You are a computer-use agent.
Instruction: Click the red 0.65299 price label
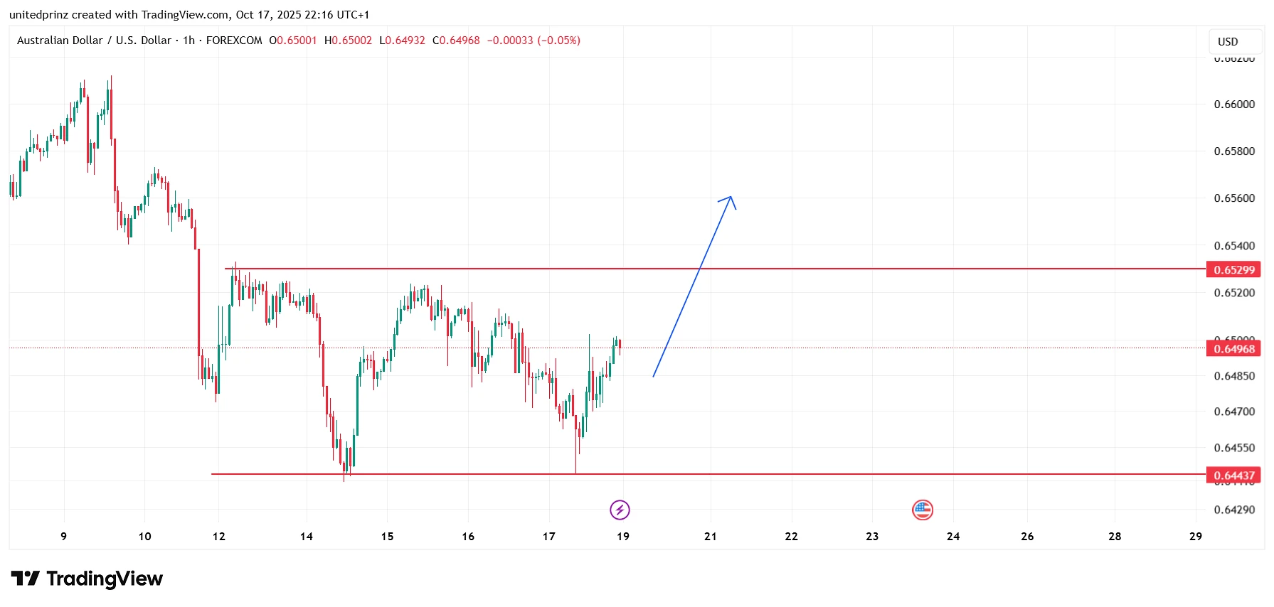coord(1233,270)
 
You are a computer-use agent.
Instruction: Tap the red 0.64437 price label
coord(1233,476)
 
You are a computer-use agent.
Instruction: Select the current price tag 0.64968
coord(1233,349)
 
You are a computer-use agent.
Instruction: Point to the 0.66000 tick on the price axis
coord(1234,104)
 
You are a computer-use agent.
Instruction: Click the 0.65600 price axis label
coord(1234,198)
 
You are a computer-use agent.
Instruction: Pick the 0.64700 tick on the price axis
coord(1234,412)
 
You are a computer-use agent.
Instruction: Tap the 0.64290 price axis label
coord(1234,510)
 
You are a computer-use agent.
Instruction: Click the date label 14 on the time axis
coord(307,537)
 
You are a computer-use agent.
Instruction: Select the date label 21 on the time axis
coord(711,537)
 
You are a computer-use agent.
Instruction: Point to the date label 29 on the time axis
coord(1196,537)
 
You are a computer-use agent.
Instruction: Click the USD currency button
coord(1228,42)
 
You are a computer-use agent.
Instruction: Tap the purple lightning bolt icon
coord(620,510)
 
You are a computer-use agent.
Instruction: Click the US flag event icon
coord(923,510)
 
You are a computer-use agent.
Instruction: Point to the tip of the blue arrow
coord(731,197)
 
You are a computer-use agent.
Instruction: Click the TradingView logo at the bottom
coord(87,579)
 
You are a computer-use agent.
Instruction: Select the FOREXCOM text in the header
coord(234,41)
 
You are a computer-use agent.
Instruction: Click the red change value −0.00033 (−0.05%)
coord(534,41)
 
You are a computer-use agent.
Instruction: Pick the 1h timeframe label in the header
coord(189,41)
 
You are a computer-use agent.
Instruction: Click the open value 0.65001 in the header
coord(297,41)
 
